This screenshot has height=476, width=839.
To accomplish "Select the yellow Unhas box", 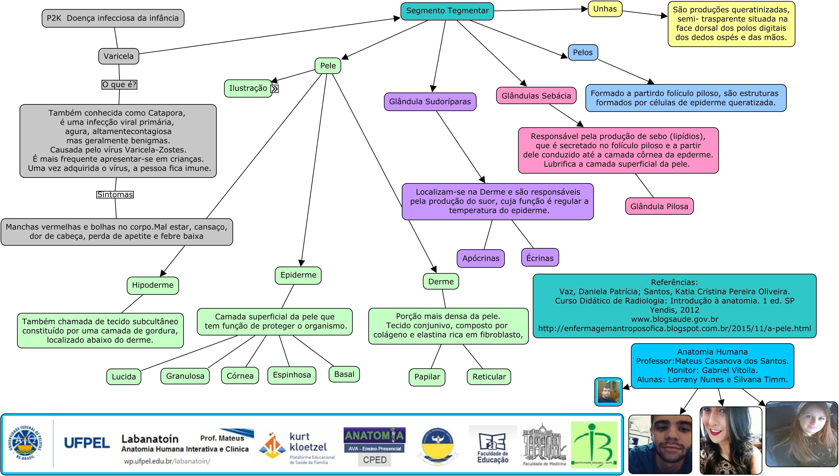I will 605,9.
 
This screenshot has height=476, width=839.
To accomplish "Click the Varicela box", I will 119,56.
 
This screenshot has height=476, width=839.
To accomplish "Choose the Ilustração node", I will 248,88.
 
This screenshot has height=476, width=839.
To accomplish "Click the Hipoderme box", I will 153,285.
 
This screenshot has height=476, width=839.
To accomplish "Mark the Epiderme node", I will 298,275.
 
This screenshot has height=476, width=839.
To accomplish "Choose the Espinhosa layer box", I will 292,375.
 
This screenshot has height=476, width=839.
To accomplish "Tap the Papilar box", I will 427,377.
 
